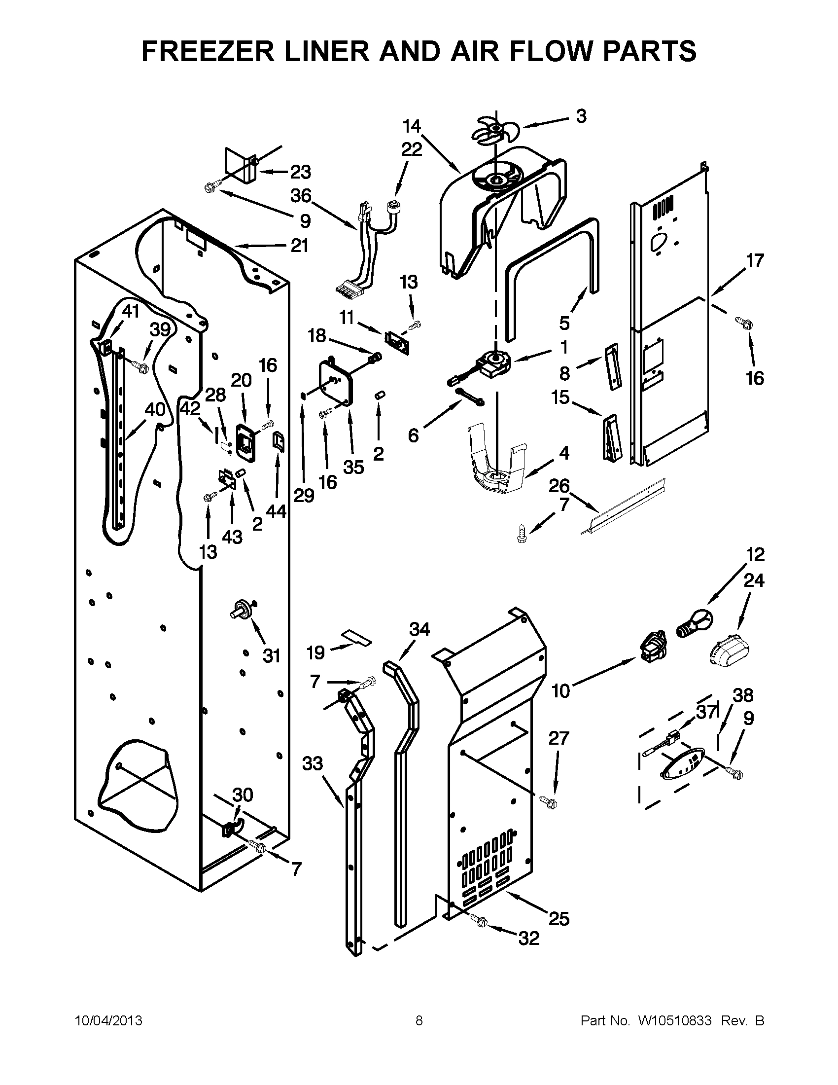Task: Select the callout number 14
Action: click(x=412, y=127)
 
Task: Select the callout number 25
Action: click(x=559, y=919)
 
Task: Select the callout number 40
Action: click(x=155, y=410)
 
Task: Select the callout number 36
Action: click(x=301, y=196)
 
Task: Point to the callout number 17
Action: click(x=755, y=260)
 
